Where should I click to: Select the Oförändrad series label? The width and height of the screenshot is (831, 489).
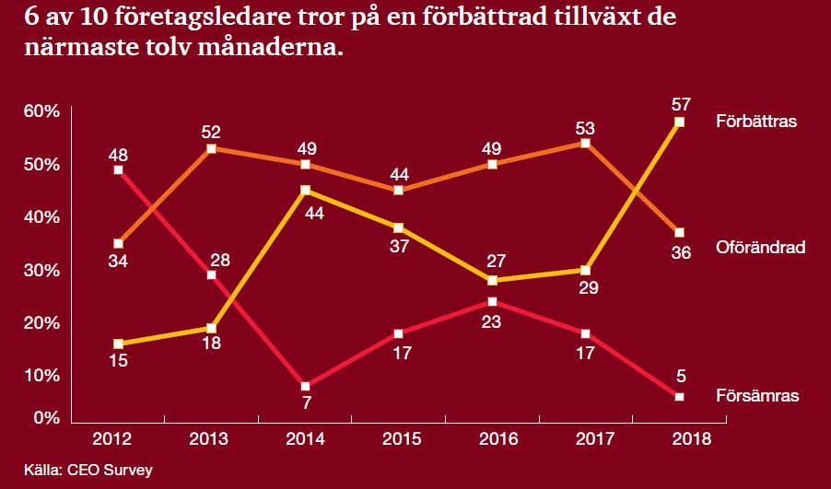click(761, 247)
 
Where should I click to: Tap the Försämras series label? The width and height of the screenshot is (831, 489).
click(756, 395)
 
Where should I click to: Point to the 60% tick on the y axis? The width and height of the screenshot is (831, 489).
click(41, 111)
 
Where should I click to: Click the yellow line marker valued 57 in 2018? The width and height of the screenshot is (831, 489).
click(680, 122)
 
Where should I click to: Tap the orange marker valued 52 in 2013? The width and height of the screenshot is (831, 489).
click(211, 148)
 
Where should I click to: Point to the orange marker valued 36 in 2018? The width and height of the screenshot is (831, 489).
click(680, 232)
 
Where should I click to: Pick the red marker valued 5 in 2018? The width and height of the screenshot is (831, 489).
click(680, 396)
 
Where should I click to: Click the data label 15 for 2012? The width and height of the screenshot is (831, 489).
click(117, 360)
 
